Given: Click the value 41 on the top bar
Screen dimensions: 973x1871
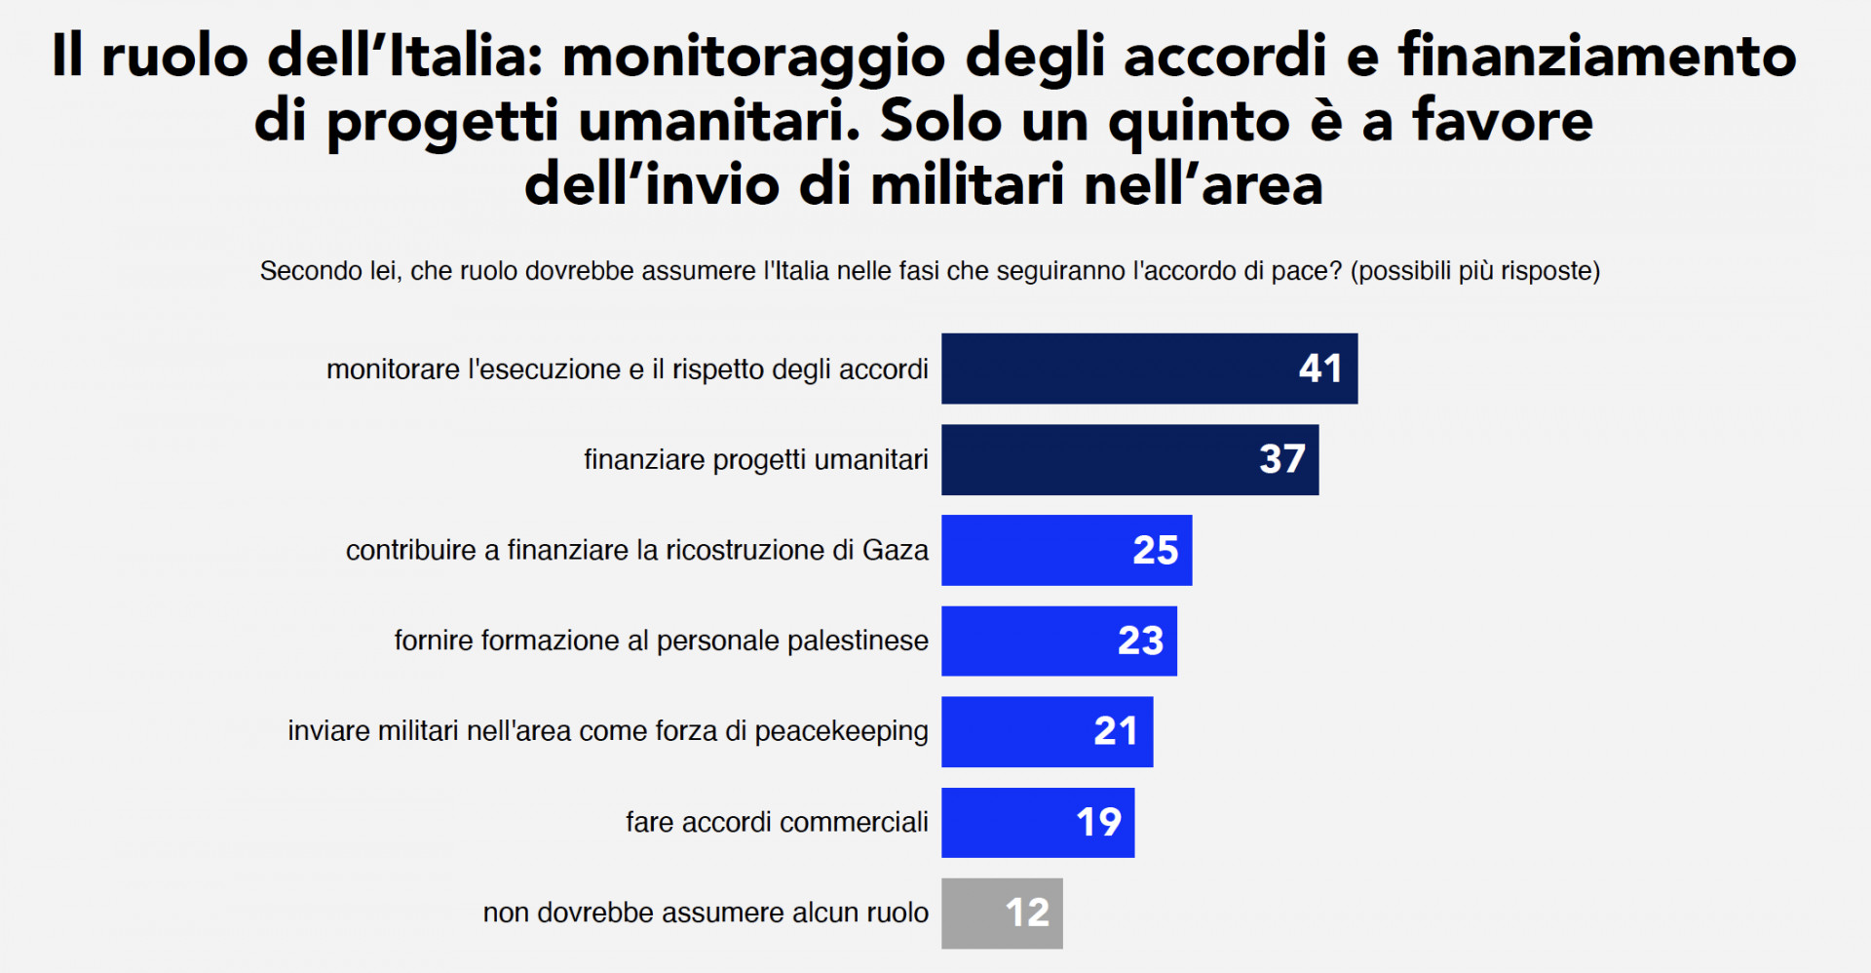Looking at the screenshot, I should [1320, 369].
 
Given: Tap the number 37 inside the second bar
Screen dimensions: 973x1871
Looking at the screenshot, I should [1281, 459].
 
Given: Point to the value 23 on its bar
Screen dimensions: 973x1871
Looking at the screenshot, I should [1140, 641].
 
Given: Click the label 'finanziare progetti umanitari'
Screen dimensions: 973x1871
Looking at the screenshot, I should [755, 459].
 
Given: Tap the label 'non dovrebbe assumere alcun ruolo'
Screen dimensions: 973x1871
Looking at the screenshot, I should [706, 913].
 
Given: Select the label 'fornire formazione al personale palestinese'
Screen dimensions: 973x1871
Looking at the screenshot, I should [661, 641].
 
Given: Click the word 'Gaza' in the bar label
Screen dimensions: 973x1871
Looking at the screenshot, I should [895, 550].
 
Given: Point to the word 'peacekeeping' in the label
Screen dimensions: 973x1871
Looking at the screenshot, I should [841, 731].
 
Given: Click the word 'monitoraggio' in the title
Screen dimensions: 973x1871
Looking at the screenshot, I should [753, 56].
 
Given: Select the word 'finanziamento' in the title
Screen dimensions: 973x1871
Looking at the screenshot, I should [1597, 56].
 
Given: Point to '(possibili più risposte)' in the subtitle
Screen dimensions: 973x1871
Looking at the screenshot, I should [1475, 271].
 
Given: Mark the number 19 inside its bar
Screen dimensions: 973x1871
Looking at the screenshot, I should [1098, 822].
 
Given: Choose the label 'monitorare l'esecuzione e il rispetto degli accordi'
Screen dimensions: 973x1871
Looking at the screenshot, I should [627, 370].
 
